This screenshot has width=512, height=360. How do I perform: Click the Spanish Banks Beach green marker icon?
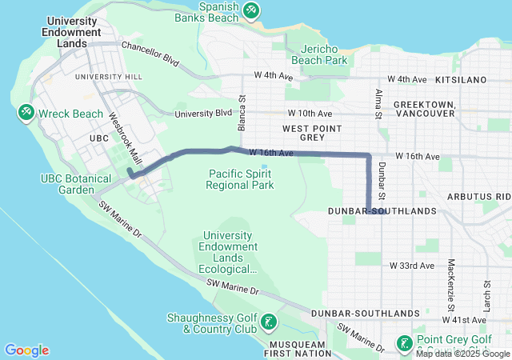click(x=252, y=10)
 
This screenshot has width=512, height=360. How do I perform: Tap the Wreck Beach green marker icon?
click(x=26, y=114)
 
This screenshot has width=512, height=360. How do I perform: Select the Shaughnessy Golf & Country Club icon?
click(x=270, y=322)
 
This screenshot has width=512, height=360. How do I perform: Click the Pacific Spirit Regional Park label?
click(x=240, y=179)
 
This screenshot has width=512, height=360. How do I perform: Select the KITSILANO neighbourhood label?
click(x=462, y=80)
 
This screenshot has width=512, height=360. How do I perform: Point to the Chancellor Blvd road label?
click(x=150, y=53)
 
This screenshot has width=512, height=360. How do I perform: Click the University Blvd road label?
click(x=203, y=114)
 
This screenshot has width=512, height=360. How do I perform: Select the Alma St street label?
click(x=378, y=104)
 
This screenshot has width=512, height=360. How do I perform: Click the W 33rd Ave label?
click(x=411, y=265)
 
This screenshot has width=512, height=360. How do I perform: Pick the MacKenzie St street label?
click(x=451, y=285)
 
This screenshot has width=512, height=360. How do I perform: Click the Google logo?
click(x=27, y=350)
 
